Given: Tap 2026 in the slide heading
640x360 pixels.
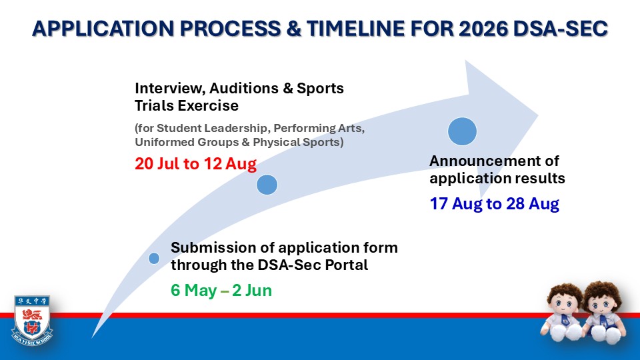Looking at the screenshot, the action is click(x=483, y=29).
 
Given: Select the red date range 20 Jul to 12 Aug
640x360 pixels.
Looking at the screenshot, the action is click(x=195, y=164).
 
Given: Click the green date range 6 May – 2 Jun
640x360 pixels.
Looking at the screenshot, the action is click(x=221, y=290).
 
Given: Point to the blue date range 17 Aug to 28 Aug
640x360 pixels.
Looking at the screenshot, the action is click(x=494, y=203).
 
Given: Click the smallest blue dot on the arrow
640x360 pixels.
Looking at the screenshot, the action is click(x=154, y=258).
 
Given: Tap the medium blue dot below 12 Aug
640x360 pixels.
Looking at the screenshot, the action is click(x=267, y=185).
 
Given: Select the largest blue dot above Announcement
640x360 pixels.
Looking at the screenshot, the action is click(x=462, y=131).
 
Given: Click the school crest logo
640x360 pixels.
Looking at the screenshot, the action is click(x=32, y=320).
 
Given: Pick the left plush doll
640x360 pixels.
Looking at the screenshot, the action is click(x=563, y=312).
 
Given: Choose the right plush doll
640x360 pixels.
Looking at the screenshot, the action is click(x=603, y=312).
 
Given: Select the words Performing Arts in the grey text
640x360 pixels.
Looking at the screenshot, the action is click(x=317, y=128).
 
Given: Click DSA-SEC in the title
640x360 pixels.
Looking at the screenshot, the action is click(x=561, y=29).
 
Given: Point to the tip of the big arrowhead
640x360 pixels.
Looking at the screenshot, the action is click(x=539, y=115).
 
